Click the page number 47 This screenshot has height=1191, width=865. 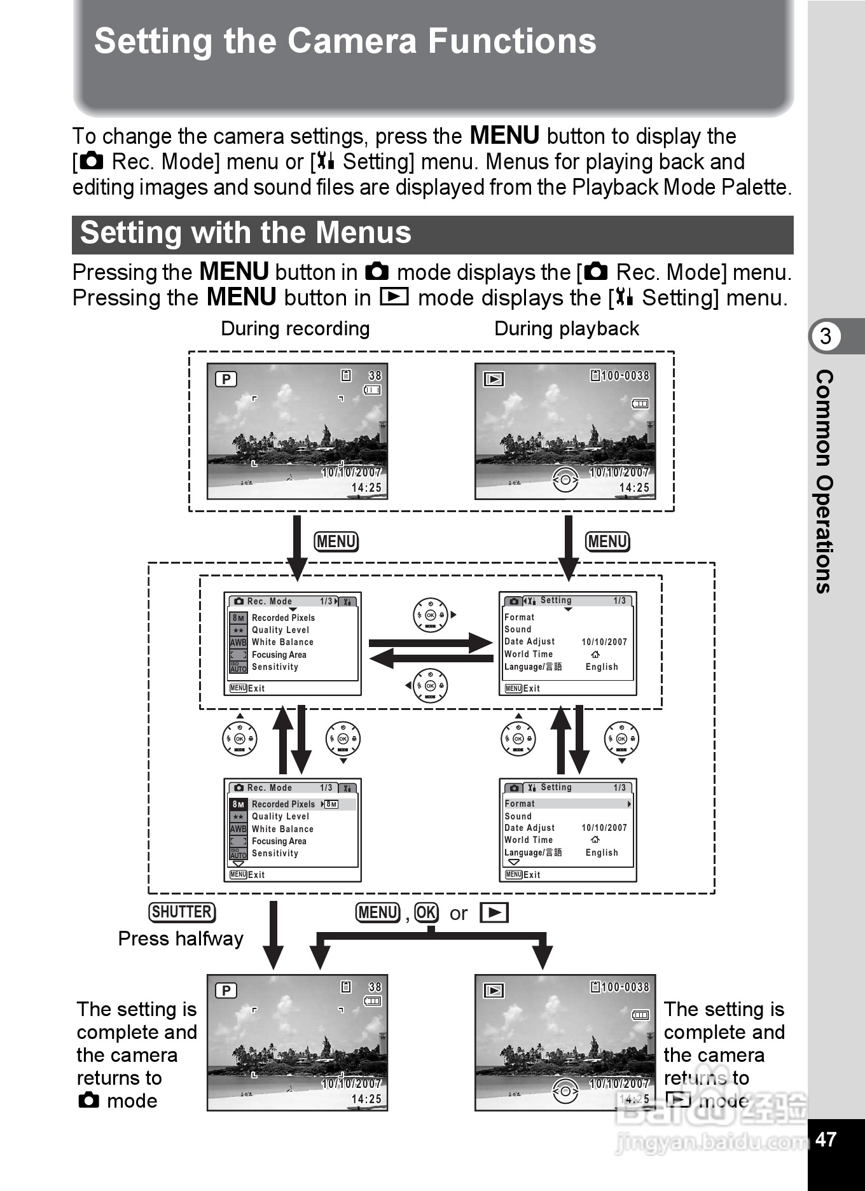[826, 1139]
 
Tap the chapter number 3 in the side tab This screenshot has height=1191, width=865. [826, 336]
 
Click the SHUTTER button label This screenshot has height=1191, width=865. [182, 912]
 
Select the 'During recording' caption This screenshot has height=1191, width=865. [295, 328]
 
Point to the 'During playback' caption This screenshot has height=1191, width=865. [566, 328]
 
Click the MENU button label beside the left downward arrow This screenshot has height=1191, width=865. [336, 541]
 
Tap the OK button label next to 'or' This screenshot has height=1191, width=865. [426, 913]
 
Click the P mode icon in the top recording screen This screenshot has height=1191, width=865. [226, 379]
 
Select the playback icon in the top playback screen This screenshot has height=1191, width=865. [494, 379]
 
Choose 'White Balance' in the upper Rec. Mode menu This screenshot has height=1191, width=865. [282, 642]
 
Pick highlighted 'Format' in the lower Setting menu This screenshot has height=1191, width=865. [520, 804]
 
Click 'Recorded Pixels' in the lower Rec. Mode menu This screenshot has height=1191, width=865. [283, 804]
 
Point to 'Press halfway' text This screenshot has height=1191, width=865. [181, 939]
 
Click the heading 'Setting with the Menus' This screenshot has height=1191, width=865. [246, 233]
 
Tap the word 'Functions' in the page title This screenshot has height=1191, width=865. [511, 41]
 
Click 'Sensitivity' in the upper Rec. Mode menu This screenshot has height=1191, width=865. [275, 667]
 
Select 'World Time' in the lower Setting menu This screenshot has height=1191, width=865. [529, 840]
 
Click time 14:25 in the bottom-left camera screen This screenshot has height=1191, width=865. [366, 1099]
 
